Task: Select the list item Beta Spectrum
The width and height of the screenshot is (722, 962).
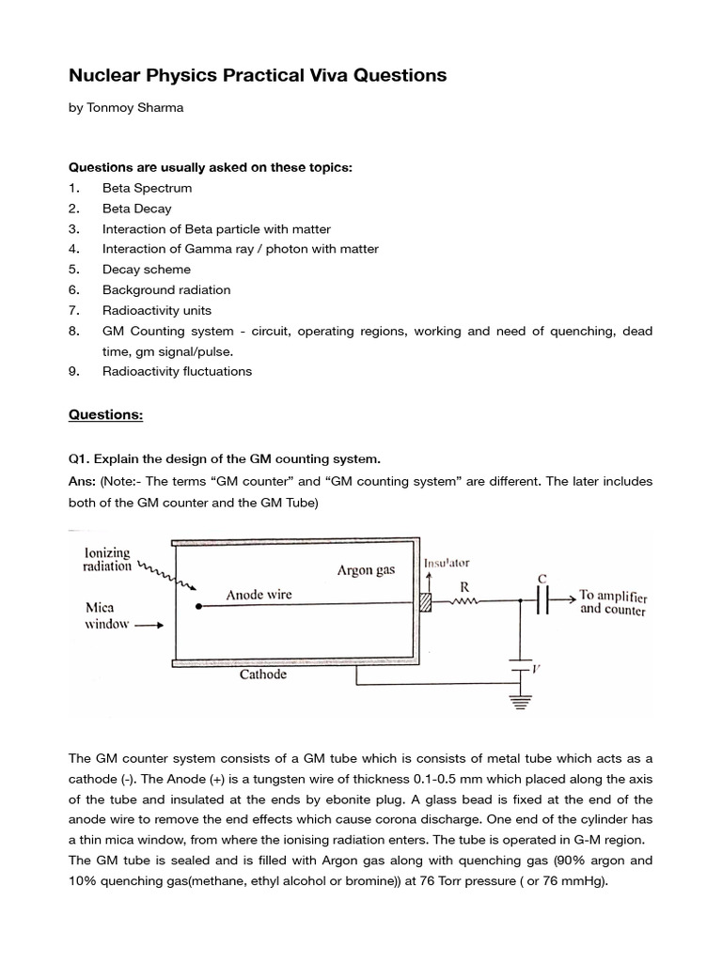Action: [x=147, y=188]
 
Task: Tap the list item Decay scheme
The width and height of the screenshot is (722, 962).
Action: [x=147, y=270]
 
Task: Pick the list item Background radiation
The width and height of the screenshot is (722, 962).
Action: [x=166, y=289]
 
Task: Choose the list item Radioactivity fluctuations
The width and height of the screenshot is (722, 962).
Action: [x=178, y=371]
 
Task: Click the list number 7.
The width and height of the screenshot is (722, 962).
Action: [x=73, y=310]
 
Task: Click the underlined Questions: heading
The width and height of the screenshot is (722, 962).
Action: [x=104, y=414]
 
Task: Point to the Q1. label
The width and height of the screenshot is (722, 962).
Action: [x=83, y=458]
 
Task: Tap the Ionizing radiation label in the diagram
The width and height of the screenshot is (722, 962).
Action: [x=107, y=560]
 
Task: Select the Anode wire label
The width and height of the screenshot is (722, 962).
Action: [x=259, y=594]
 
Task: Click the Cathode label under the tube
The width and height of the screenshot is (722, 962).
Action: [x=263, y=674]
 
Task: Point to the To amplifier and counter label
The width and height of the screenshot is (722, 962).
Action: [x=612, y=602]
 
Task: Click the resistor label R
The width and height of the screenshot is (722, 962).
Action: [x=464, y=584]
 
